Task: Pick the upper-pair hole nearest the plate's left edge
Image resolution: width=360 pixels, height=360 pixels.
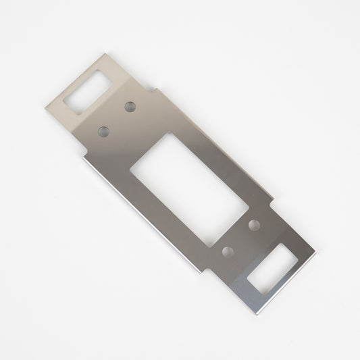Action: [104, 130]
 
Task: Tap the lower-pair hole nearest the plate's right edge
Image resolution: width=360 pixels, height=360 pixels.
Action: [255, 224]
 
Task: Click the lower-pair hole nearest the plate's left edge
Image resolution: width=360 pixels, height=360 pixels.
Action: [229, 251]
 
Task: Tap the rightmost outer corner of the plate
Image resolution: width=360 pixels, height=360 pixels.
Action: [317, 253]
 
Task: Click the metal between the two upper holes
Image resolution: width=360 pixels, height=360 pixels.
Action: [116, 118]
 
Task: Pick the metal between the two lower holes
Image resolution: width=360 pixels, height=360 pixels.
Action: [242, 238]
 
